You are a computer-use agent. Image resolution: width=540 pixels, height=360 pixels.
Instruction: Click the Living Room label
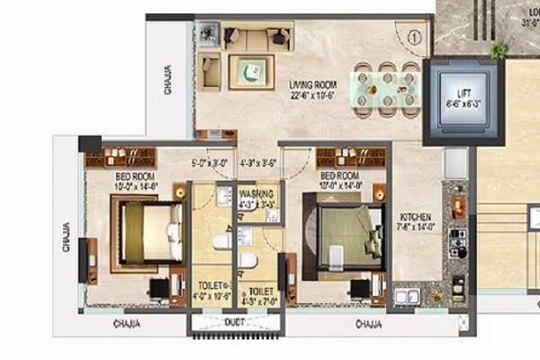[x=312, y=85]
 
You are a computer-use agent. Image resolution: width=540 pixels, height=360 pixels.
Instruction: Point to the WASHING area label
[x=256, y=193]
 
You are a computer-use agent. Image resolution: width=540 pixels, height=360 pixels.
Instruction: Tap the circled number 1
[x=413, y=39]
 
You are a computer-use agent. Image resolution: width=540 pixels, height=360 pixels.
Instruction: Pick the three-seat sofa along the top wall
[x=257, y=37]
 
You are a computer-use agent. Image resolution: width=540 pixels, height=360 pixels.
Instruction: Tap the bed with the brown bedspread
[x=147, y=230]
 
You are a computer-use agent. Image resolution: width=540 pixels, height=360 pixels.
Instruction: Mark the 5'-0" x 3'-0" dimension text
[x=207, y=163]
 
